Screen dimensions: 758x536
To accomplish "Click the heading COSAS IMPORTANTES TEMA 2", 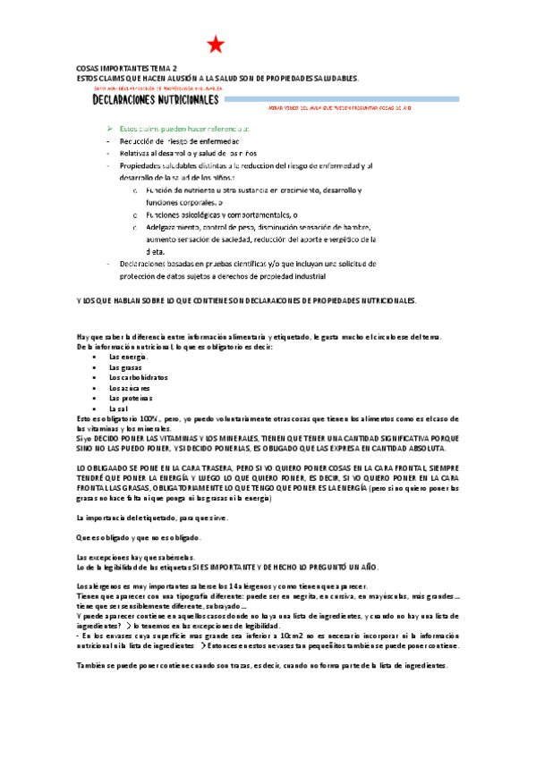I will click(126, 68).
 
